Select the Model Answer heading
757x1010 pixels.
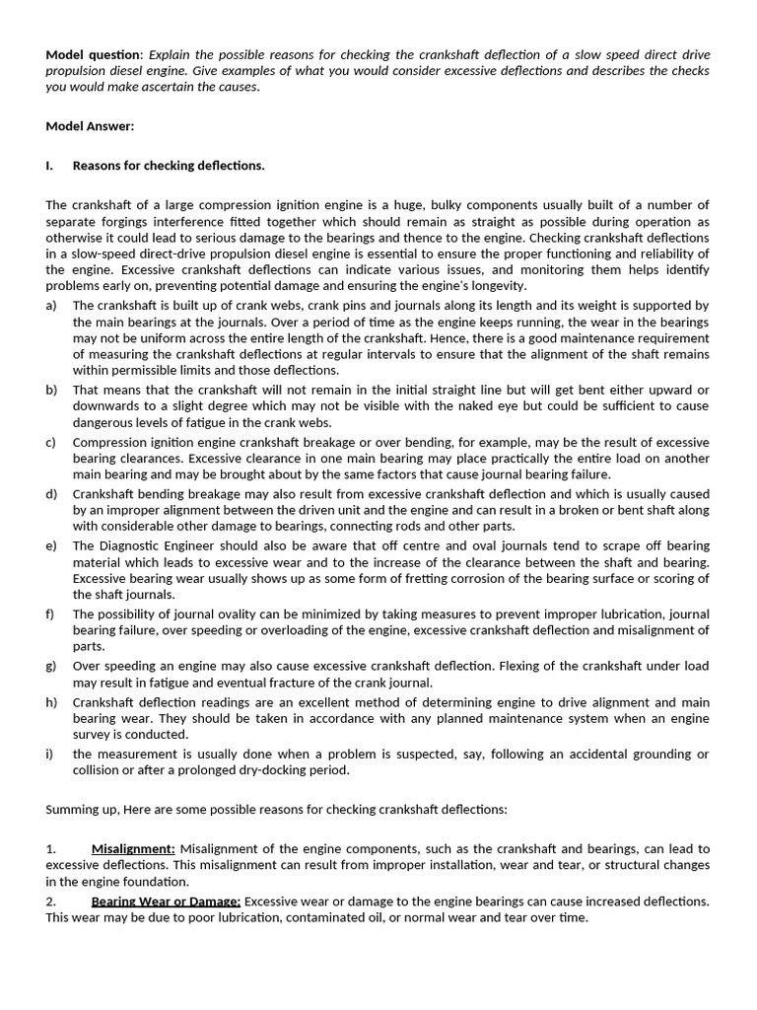90,126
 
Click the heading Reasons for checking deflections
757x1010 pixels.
169,165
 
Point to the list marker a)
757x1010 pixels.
51,306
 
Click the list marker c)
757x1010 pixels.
51,443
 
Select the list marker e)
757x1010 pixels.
51,545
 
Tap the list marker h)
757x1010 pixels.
51,702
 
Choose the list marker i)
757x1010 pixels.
49,755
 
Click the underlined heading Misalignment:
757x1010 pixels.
133,848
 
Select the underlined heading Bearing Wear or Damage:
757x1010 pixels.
166,901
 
